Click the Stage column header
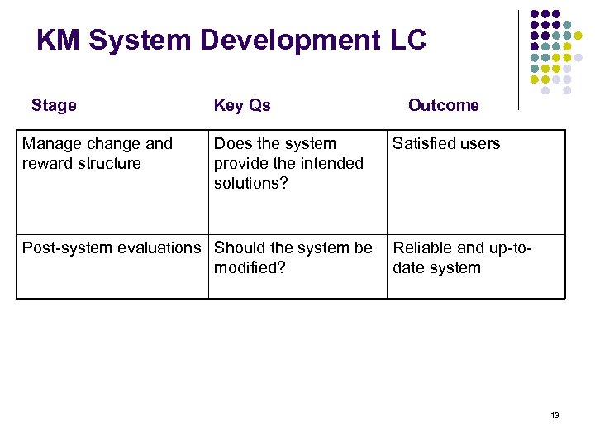54,105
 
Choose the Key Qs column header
242,105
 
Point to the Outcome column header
443,105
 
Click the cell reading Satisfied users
446,143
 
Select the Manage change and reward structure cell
97,153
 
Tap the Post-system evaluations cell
111,248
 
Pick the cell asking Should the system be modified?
293,257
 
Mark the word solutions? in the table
251,183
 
